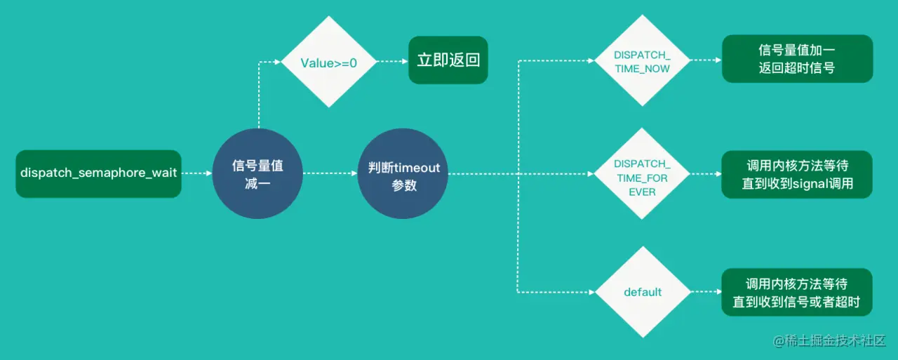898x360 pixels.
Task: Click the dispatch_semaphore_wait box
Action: (x=98, y=173)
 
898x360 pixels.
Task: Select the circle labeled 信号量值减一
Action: (x=257, y=173)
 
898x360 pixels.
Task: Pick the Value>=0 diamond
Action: (x=329, y=62)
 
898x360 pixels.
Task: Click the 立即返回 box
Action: (x=448, y=60)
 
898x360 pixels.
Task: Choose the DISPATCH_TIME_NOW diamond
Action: (x=642, y=61)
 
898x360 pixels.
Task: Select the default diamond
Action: (x=642, y=292)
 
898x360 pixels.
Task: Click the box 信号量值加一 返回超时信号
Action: (x=797, y=59)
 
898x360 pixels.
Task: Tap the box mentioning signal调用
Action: (x=797, y=174)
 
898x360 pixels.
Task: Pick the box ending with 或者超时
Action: (x=797, y=292)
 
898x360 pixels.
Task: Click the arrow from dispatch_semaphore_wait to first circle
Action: (x=196, y=173)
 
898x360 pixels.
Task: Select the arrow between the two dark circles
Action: (x=330, y=173)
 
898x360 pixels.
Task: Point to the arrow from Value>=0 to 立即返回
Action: (x=393, y=62)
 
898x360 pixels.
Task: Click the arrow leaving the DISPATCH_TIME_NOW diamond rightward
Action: (x=705, y=60)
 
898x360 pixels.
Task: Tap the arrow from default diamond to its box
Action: (x=705, y=292)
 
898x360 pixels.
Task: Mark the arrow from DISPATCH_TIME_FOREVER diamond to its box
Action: (x=705, y=174)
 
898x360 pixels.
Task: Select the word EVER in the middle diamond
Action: (x=642, y=191)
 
